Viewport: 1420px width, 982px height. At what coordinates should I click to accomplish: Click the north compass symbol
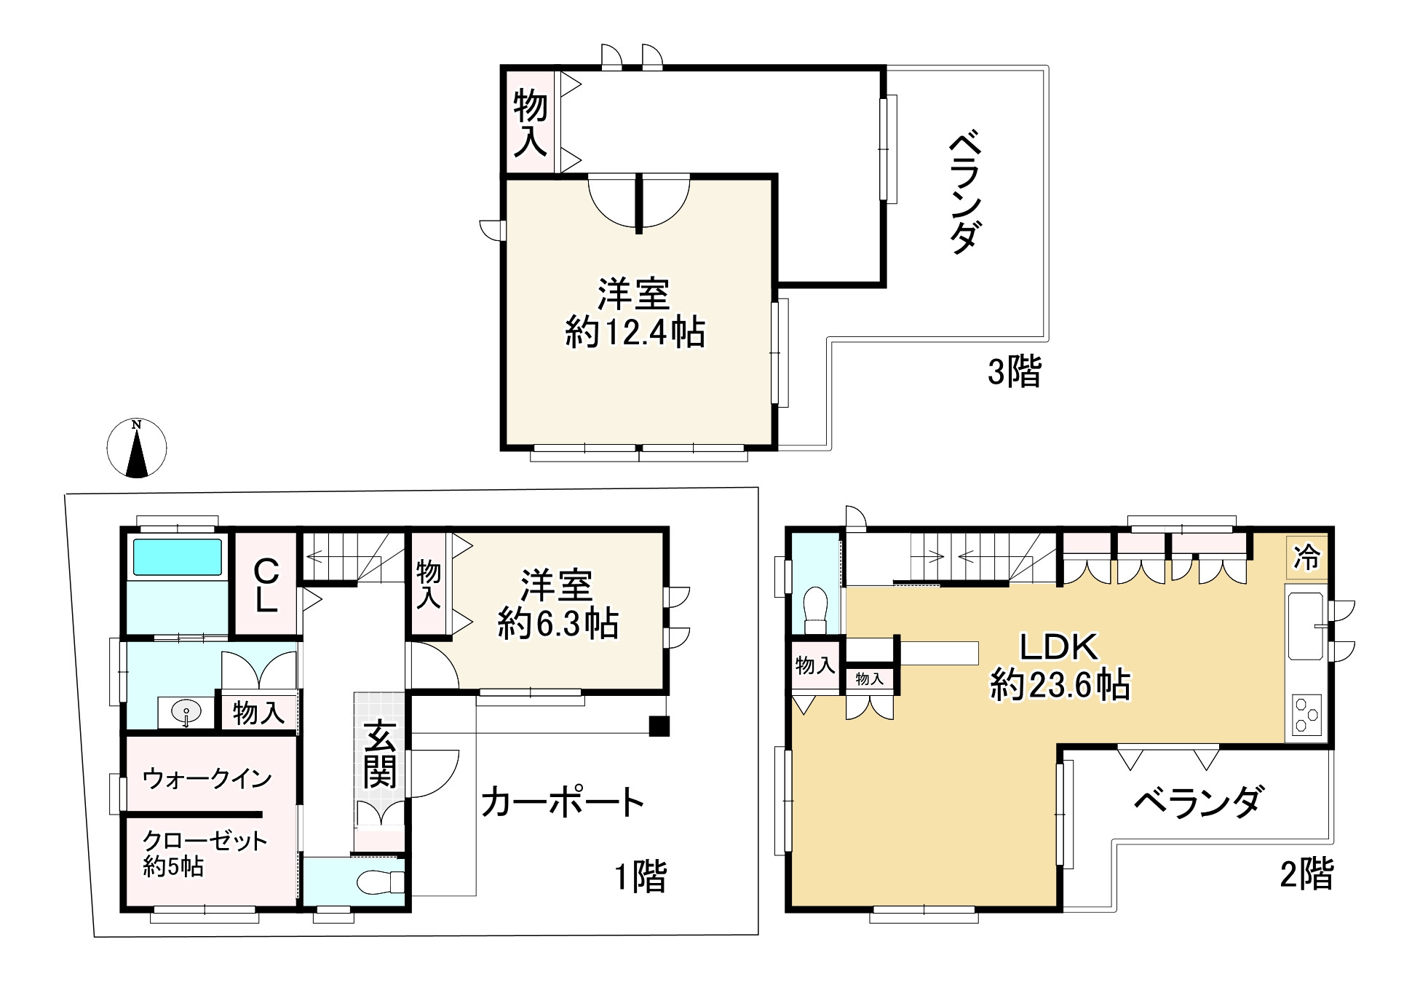137,448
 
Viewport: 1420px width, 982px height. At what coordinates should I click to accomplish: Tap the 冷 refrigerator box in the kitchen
1307,558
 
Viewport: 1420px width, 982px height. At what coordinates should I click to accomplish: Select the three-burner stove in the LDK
1307,714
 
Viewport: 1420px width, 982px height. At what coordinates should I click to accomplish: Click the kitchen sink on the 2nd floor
1306,626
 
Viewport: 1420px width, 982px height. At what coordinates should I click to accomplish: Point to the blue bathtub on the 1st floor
177,557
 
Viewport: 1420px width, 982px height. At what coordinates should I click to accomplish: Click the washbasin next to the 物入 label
186,712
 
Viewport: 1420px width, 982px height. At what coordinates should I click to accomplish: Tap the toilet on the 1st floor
380,882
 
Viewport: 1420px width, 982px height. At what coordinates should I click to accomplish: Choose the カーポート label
562,802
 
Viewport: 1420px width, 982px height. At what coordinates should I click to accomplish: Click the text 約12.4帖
635,333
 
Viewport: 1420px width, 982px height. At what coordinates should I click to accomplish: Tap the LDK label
1058,646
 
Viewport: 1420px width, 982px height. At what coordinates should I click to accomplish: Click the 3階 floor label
1014,371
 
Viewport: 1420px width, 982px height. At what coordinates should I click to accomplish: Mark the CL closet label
266,585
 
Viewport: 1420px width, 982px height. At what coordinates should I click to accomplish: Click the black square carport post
659,726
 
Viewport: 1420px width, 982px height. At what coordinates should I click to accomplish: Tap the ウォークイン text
207,778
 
